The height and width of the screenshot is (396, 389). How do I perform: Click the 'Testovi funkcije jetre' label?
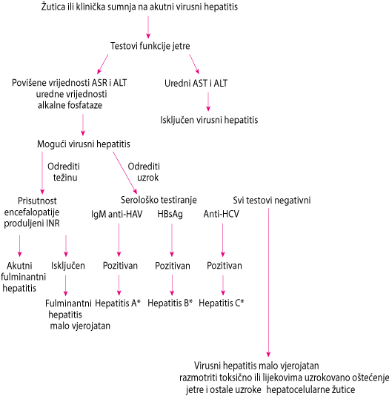(150, 46)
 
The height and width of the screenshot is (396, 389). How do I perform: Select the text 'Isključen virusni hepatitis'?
(209, 120)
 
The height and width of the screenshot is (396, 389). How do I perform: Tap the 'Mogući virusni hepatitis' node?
(84, 144)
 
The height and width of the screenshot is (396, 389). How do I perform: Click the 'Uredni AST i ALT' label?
(196, 83)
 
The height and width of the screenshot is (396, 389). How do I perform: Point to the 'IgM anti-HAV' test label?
(117, 214)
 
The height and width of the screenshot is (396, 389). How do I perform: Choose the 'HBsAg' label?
(170, 214)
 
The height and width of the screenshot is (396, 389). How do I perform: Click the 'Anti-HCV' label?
(221, 214)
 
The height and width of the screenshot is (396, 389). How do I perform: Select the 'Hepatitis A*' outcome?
(118, 303)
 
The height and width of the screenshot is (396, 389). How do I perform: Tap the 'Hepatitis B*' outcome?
(170, 303)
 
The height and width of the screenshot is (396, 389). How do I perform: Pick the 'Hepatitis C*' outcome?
(222, 303)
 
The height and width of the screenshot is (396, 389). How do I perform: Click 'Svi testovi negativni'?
(272, 201)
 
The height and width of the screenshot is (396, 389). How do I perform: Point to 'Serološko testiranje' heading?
(159, 200)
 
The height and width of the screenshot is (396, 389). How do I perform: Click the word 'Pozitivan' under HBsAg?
(173, 266)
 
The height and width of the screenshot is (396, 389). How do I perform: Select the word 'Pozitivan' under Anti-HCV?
(225, 266)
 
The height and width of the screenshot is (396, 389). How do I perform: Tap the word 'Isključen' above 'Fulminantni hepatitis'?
(68, 266)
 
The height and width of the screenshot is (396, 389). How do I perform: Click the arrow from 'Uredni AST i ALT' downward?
(208, 101)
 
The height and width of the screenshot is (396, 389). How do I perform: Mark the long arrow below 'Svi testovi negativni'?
(268, 282)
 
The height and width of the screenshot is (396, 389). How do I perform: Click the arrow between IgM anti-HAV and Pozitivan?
(119, 240)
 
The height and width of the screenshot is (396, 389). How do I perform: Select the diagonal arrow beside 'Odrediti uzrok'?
(125, 172)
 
